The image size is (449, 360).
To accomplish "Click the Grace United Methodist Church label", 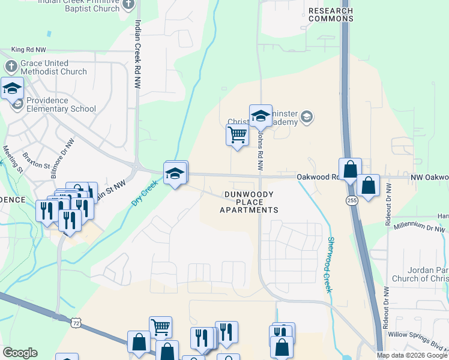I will click(53, 67).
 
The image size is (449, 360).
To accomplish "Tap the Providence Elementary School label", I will click(61, 104).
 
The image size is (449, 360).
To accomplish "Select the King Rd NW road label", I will click(28, 50).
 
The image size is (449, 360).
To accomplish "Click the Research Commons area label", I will click(331, 14).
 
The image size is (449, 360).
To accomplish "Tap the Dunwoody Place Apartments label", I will click(249, 202).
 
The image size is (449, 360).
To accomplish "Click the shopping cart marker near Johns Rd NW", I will click(238, 136).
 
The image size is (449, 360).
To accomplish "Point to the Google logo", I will click(20, 353).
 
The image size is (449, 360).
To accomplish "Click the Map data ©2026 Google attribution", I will click(412, 355).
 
